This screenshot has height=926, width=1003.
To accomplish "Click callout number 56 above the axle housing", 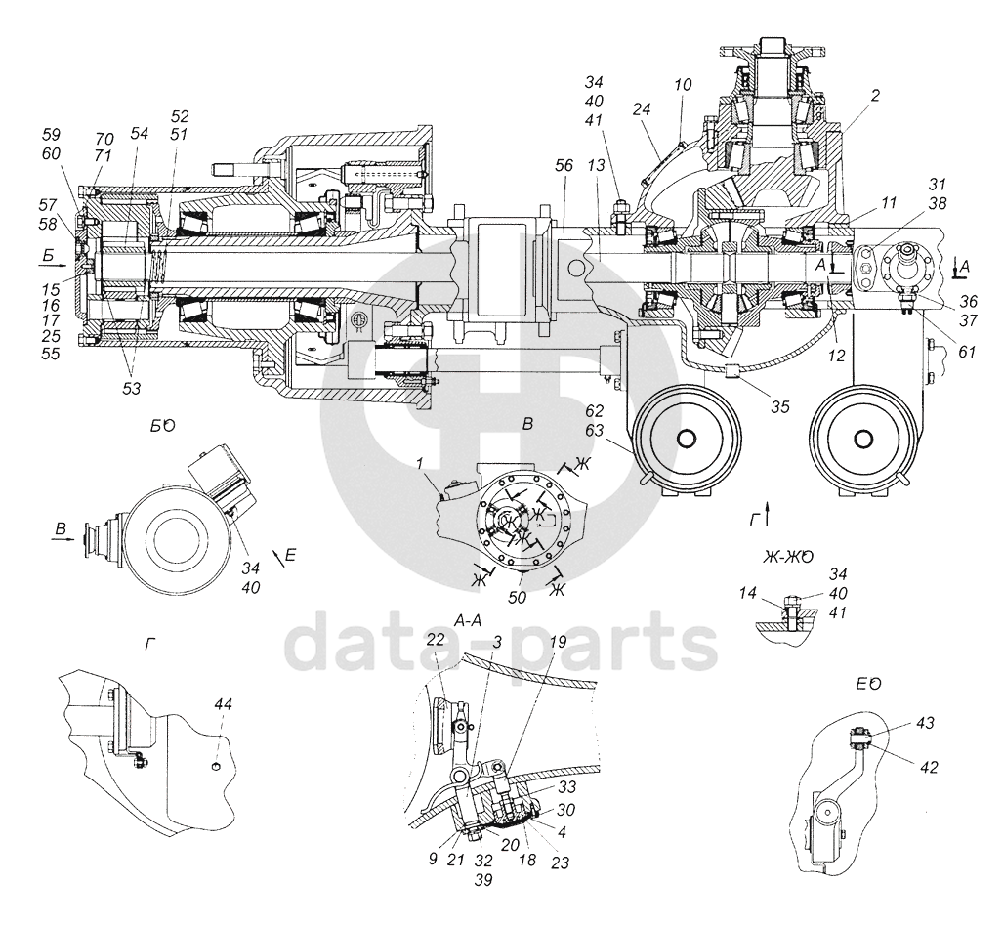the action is tap(564, 165).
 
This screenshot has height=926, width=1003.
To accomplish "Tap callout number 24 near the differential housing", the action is tap(642, 109).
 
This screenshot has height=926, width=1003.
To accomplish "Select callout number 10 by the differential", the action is tap(684, 84).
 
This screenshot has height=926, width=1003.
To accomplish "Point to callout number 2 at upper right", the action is tap(875, 96).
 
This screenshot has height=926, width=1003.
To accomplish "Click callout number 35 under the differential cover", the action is tap(780, 407).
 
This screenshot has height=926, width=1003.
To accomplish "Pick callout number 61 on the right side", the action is tap(967, 352).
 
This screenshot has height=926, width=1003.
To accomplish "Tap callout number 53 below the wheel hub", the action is tap(131, 389).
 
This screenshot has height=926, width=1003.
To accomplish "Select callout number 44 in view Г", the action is tap(223, 704).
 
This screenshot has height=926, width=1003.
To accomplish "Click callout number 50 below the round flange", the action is tap(517, 597).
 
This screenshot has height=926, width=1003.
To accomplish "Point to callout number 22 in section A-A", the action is tap(436, 639).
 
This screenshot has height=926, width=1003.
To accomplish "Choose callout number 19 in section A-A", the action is tap(557, 642).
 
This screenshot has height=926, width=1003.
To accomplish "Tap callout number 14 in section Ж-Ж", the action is tap(748, 593).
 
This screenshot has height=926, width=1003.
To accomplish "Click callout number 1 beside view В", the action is tap(420, 463).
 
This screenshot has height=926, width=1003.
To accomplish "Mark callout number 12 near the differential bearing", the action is tap(836, 356).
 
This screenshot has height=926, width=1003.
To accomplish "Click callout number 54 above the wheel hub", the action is tap(139, 133).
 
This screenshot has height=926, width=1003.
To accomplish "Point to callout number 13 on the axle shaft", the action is tap(596, 166).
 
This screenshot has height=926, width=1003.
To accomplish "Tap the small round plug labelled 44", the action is tap(216, 766).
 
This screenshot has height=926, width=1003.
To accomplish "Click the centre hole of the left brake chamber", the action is tap(687, 439).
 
